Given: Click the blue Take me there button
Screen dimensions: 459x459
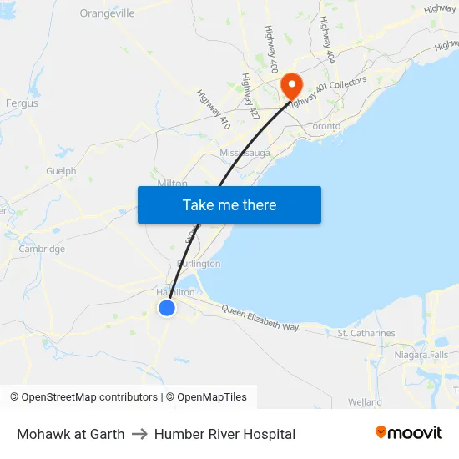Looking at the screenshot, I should pyautogui.click(x=229, y=205).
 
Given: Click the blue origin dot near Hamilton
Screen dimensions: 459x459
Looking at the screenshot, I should pyautogui.click(x=167, y=308).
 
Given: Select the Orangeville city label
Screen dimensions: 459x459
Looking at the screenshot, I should pyautogui.click(x=107, y=13).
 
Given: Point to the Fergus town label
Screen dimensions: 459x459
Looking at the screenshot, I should pyautogui.click(x=22, y=103).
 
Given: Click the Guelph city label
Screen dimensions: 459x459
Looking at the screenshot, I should pyautogui.click(x=61, y=171).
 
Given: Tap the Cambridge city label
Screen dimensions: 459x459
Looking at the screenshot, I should pyautogui.click(x=42, y=249).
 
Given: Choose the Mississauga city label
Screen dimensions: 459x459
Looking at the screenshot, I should pyautogui.click(x=245, y=154).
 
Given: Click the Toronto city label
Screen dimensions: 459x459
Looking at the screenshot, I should pyautogui.click(x=325, y=126).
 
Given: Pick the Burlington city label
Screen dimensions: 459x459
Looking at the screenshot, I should pyautogui.click(x=199, y=264).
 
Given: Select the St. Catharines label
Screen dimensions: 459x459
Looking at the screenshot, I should pyautogui.click(x=366, y=334).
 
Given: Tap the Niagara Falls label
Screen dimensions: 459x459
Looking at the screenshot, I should pyautogui.click(x=421, y=355).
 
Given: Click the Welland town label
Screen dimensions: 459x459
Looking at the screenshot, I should pyautogui.click(x=365, y=402).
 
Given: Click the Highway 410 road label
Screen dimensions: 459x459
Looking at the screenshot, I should pyautogui.click(x=214, y=108).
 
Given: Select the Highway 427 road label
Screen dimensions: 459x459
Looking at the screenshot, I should pyautogui.click(x=248, y=94).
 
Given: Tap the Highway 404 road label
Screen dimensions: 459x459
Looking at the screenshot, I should pyautogui.click(x=326, y=40).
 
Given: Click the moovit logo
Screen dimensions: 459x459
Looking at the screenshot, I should pyautogui.click(x=409, y=433).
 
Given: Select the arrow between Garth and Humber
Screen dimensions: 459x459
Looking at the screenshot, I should pyautogui.click(x=139, y=434).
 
